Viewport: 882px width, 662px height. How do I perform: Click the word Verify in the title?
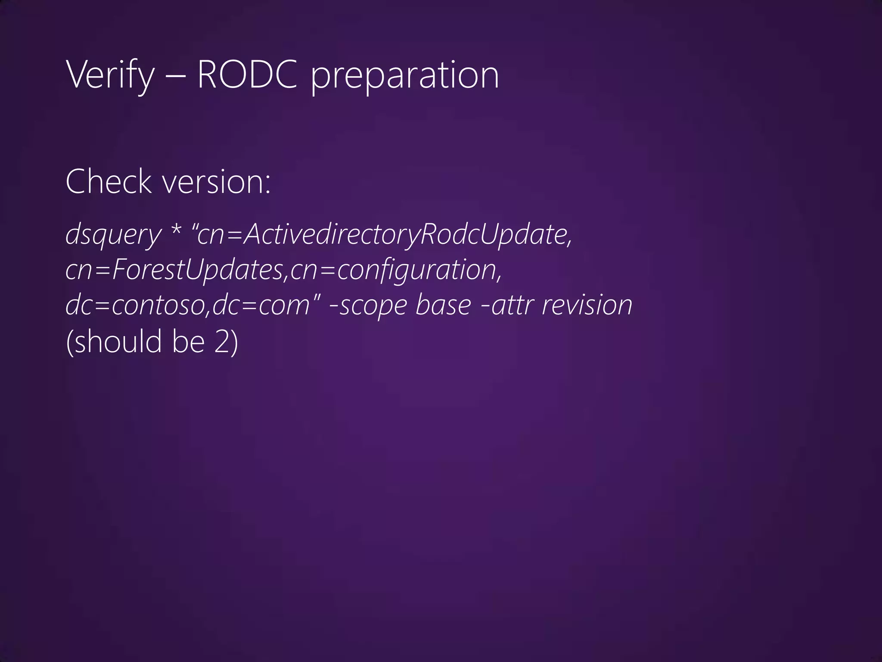[x=110, y=75]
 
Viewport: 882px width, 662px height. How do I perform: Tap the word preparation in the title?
[x=404, y=76]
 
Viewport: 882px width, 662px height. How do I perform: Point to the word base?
[x=444, y=305]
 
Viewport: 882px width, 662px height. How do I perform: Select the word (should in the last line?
[x=114, y=341]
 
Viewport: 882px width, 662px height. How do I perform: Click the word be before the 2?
[x=188, y=341]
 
